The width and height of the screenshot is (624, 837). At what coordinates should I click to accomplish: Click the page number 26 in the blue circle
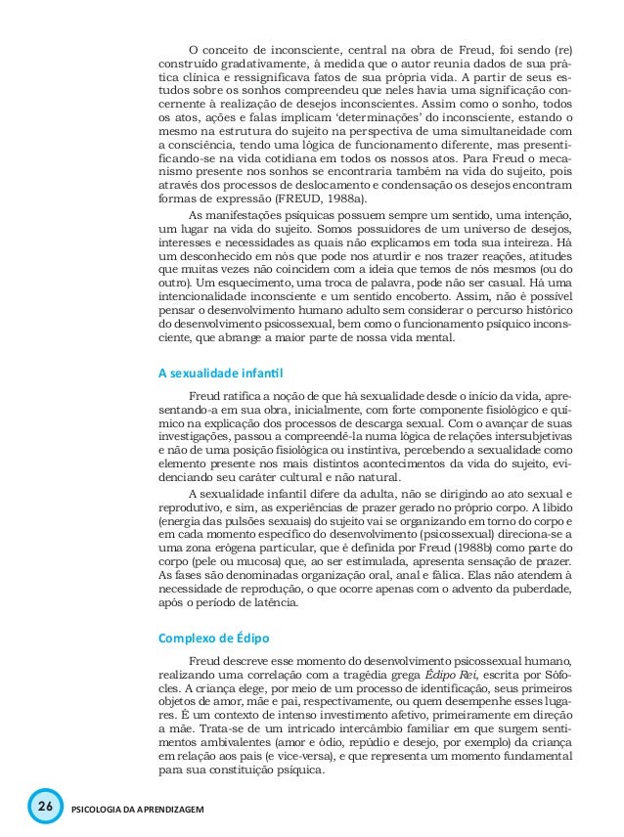pyautogui.click(x=42, y=809)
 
